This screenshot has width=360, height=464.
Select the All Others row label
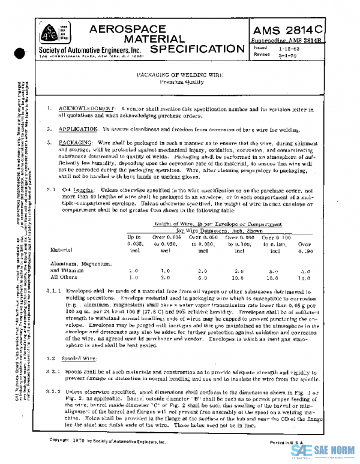(63, 278)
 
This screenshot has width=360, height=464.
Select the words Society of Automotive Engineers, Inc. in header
(91, 49)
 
